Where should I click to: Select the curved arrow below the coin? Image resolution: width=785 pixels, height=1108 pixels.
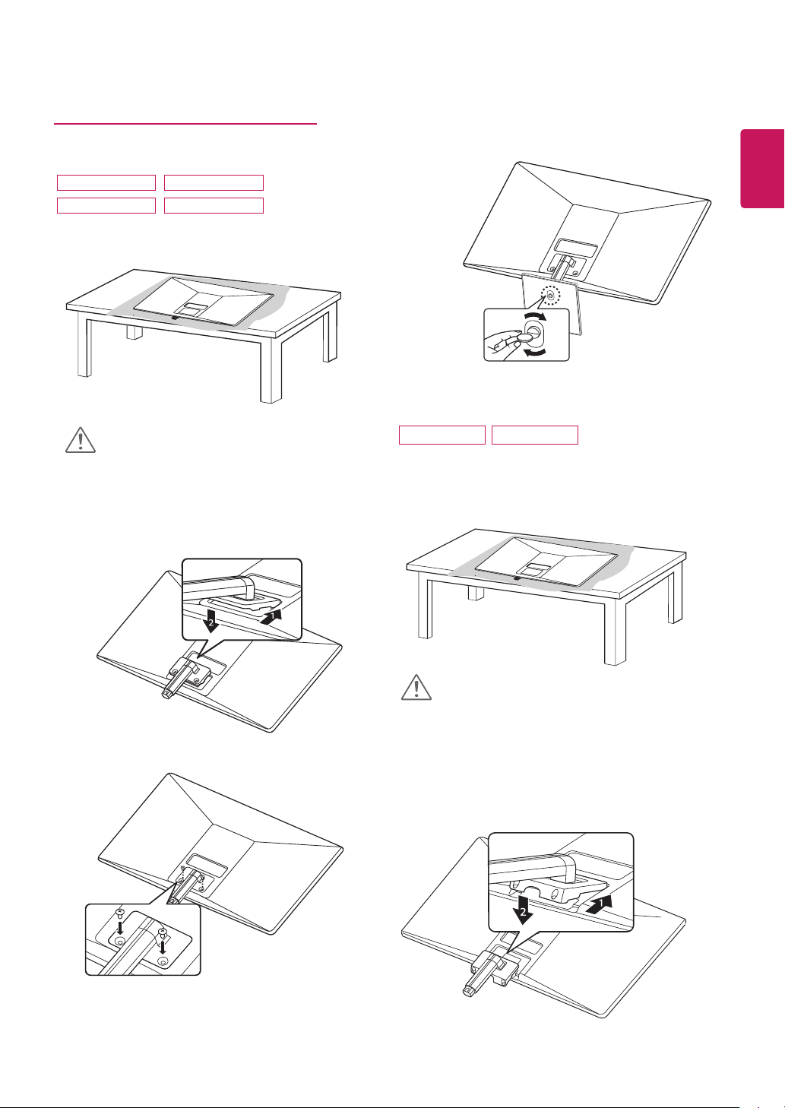click(x=535, y=352)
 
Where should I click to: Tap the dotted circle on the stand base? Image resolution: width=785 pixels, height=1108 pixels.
click(x=550, y=296)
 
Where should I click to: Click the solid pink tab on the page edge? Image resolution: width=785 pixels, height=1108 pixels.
click(x=762, y=169)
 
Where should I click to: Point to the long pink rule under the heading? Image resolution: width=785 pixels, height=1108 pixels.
click(x=185, y=124)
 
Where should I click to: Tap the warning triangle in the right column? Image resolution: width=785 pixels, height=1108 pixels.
click(x=416, y=686)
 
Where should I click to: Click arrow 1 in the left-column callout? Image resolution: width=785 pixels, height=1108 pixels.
click(x=271, y=617)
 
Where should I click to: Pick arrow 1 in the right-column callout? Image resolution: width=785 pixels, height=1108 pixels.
click(x=599, y=904)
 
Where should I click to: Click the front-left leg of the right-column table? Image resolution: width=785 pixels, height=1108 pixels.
click(x=423, y=609)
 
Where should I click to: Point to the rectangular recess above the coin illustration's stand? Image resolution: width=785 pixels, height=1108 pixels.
click(x=576, y=247)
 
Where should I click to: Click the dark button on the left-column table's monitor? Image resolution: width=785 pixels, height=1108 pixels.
click(x=176, y=318)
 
